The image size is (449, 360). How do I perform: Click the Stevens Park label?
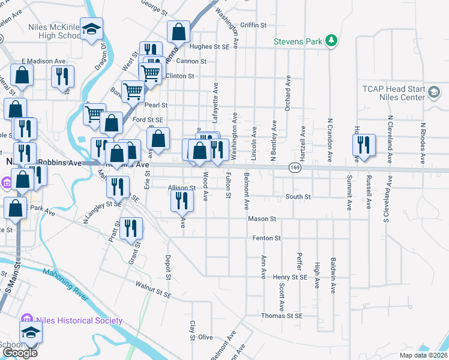[298, 41]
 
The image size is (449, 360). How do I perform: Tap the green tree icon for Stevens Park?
[330, 41]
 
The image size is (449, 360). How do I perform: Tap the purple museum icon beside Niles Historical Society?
[26, 319]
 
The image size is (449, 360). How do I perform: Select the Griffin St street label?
[253, 25]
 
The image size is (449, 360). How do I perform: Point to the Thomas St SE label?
[282, 316]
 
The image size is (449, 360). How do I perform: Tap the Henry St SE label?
[290, 277]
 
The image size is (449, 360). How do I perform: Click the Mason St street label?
[262, 219]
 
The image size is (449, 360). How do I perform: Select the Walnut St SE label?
[153, 290]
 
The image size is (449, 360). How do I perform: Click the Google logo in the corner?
[20, 352]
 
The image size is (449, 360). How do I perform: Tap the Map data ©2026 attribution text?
[421, 356]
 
